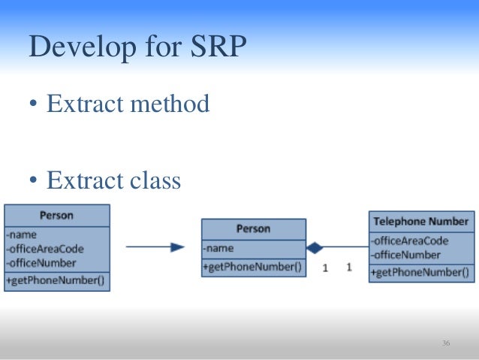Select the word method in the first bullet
169,104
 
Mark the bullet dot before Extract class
34,182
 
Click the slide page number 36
446,343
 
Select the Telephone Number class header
420,222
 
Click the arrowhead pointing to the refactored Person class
177,247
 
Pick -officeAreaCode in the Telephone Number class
409,241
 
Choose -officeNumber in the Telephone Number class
405,256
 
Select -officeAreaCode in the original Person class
45,249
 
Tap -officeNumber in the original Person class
41,263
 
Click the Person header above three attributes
56,216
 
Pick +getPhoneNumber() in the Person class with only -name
252,267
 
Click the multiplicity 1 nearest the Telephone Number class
348,267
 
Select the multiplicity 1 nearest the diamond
324,267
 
